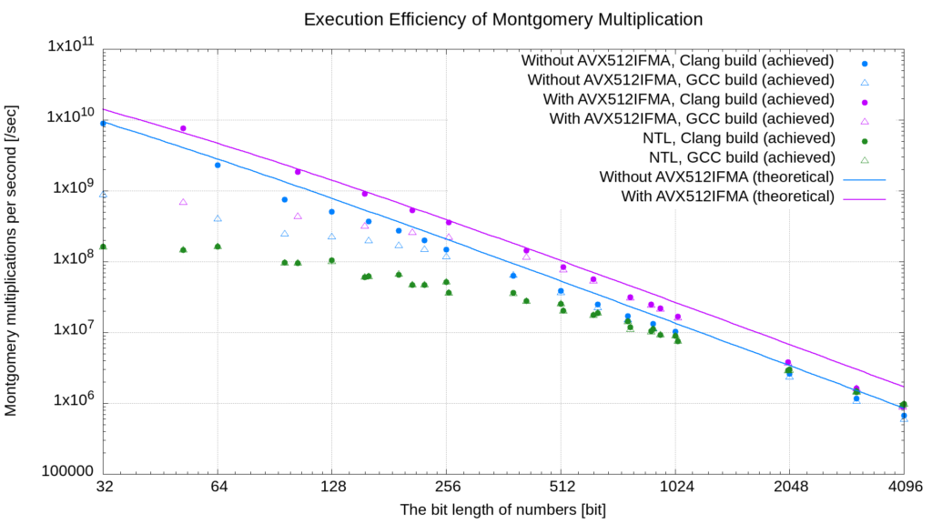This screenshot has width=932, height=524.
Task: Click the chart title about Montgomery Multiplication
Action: coord(503,18)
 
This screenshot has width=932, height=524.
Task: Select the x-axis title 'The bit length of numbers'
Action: coord(503,509)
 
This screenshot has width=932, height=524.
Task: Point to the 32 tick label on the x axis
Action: coord(104,487)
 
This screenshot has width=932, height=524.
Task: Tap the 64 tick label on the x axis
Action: coord(218,487)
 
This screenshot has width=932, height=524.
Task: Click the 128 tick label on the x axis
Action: coord(331,487)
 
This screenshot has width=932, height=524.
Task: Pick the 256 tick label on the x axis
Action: coord(446,487)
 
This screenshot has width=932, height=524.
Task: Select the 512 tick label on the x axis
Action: coord(561,487)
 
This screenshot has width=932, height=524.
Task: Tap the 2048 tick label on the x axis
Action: coord(789,487)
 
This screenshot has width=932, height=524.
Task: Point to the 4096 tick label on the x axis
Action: coord(903,487)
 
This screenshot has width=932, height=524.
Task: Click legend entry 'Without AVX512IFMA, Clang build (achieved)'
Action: coord(678,62)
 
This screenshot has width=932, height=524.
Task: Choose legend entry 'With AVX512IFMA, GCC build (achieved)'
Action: coord(692,119)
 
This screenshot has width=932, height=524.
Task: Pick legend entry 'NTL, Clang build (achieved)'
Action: coord(738,138)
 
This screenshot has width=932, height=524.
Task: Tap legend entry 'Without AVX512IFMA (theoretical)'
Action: coord(716,176)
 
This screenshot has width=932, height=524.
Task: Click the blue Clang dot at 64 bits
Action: coord(218,165)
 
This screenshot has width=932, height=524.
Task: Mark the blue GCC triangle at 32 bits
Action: coord(104,194)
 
